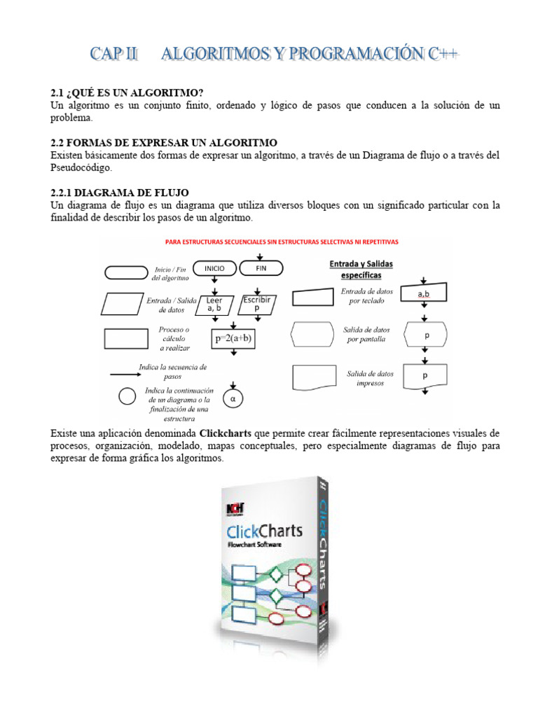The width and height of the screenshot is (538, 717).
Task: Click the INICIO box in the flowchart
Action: pyautogui.click(x=214, y=268)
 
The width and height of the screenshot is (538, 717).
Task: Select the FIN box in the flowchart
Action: pyautogui.click(x=261, y=268)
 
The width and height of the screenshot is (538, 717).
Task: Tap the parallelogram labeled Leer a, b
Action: pyautogui.click(x=214, y=304)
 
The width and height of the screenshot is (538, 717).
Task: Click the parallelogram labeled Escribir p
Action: pyautogui.click(x=256, y=303)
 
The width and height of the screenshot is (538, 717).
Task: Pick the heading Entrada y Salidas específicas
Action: pyautogui.click(x=361, y=270)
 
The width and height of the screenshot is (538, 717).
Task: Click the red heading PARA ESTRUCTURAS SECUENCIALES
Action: pyautogui.click(x=281, y=242)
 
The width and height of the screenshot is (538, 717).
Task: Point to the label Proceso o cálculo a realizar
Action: pyautogui.click(x=174, y=338)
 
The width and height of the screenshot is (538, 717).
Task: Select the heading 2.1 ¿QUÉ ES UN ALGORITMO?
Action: pyautogui.click(x=127, y=93)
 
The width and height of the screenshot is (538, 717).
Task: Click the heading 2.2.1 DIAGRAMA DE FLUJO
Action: pyautogui.click(x=120, y=193)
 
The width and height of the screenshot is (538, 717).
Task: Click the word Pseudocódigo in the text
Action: pyautogui.click(x=81, y=168)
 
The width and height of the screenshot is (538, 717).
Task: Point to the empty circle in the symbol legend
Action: pyautogui.click(x=127, y=396)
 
